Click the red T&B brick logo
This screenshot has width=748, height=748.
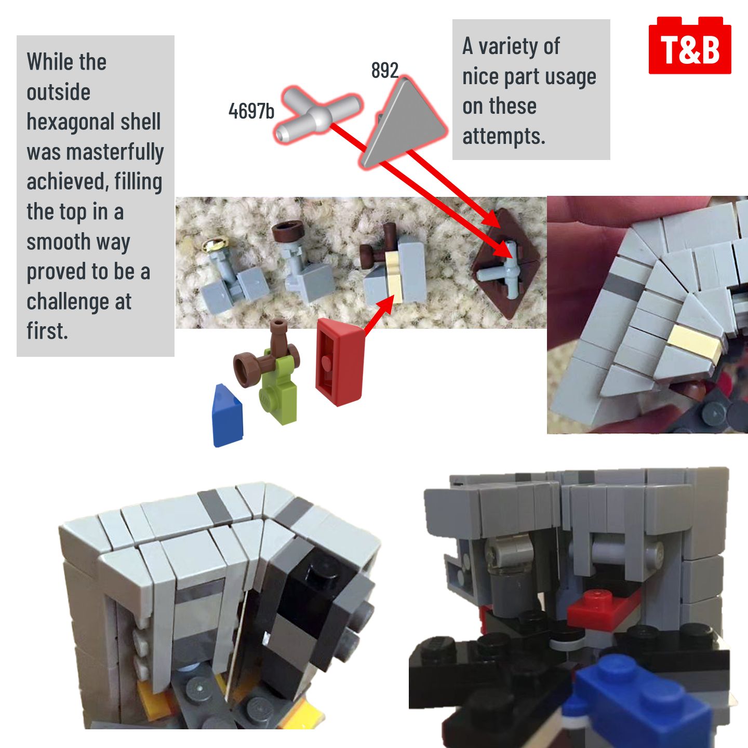coord(690,45)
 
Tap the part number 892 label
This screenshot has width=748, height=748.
coord(385,70)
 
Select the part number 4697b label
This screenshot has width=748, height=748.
coord(251,111)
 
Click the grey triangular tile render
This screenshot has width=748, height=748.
coord(404,123)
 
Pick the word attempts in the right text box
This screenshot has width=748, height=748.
coord(504,137)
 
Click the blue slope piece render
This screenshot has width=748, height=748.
coord(228,416)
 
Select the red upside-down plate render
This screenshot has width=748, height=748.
coord(340,362)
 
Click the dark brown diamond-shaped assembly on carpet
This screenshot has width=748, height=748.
coord(506,263)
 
